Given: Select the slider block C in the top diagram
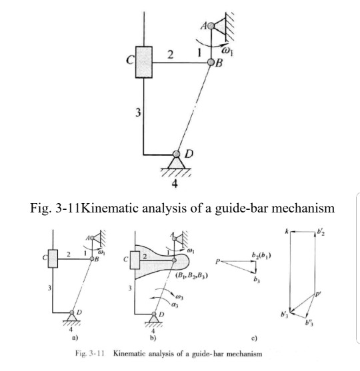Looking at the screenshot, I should pos(145,61).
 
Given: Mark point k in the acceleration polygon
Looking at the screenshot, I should pos(285,230).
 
